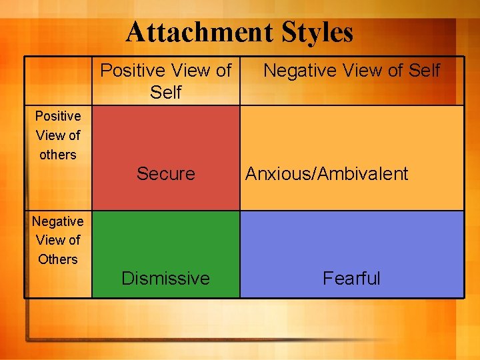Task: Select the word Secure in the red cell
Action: pos(165,174)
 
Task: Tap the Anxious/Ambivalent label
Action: pos(327,174)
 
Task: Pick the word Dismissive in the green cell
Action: pos(165,278)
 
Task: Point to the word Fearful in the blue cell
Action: pos(351,278)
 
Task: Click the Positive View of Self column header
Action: pos(166,81)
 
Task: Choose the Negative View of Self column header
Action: pos(351,70)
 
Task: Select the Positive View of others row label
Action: pos(58,135)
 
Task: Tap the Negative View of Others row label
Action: pos(58,240)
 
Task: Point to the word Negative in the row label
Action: pos(58,221)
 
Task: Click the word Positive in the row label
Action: pos(58,116)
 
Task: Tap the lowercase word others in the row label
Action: pos(58,155)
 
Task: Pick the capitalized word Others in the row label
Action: pos(58,259)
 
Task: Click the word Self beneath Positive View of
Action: pos(166,92)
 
